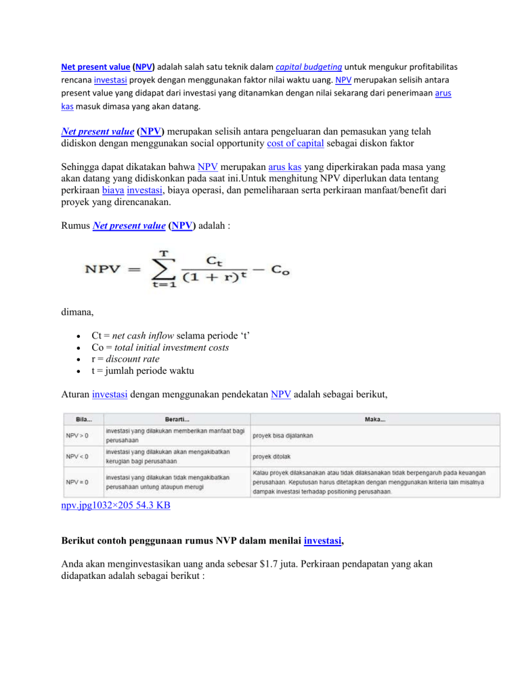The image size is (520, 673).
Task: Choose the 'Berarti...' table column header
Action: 176,419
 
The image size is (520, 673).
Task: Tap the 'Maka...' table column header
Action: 375,419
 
